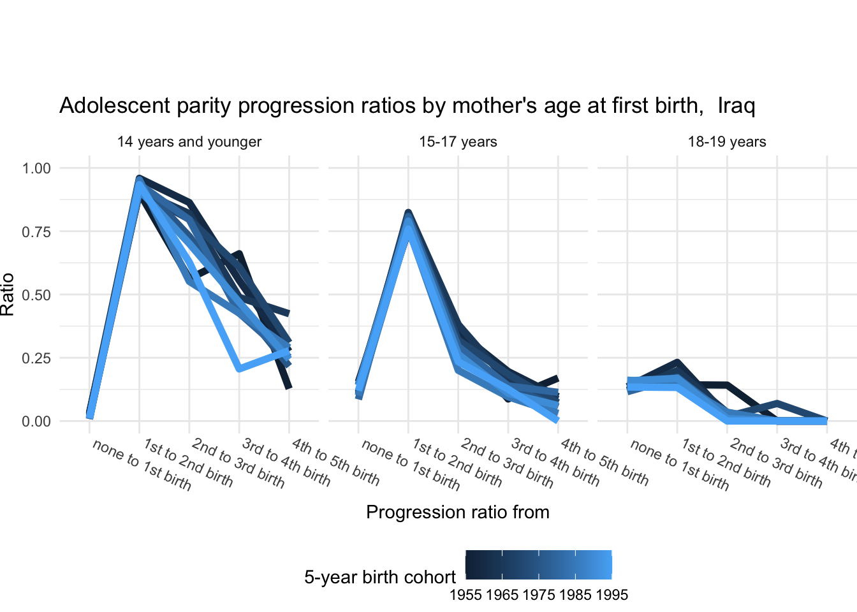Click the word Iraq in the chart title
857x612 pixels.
(x=736, y=105)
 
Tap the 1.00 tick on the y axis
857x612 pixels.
(x=36, y=168)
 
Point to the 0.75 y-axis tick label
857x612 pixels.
(x=36, y=231)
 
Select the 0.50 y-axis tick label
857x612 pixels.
(x=36, y=295)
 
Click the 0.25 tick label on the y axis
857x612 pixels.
(x=36, y=358)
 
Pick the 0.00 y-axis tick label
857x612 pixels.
(x=36, y=421)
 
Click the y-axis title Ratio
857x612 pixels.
(x=8, y=295)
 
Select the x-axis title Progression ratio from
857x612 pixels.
(x=458, y=513)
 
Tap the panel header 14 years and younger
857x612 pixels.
(x=189, y=142)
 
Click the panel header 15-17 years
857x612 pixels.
(x=458, y=142)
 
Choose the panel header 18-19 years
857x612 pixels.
(x=727, y=142)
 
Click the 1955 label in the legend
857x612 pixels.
(x=465, y=595)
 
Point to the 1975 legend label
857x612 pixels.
(x=539, y=595)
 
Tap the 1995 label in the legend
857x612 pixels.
(x=612, y=595)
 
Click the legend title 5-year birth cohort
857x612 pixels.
(x=380, y=578)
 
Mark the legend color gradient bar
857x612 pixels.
(x=539, y=565)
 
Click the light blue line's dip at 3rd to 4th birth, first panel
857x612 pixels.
(x=239, y=368)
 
